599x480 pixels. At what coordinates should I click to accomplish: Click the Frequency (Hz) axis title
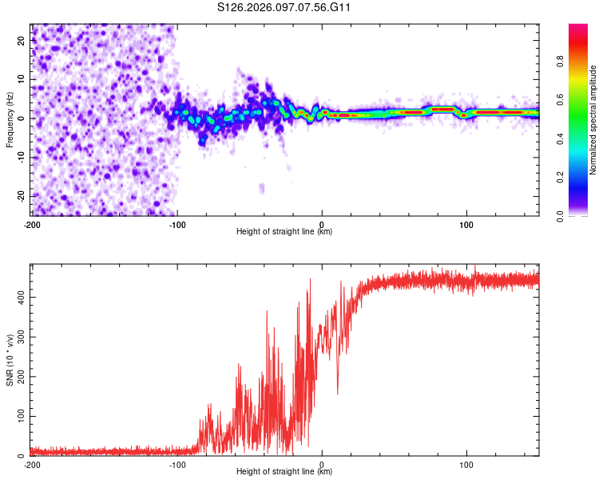point(10,118)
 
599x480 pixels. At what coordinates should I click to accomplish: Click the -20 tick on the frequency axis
point(20,196)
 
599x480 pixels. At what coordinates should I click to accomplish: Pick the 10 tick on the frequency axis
point(22,79)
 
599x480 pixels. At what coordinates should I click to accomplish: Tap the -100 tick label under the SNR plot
point(177,465)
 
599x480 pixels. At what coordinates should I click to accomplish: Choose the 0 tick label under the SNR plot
point(322,465)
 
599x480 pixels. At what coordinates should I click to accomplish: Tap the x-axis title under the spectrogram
point(284,232)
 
